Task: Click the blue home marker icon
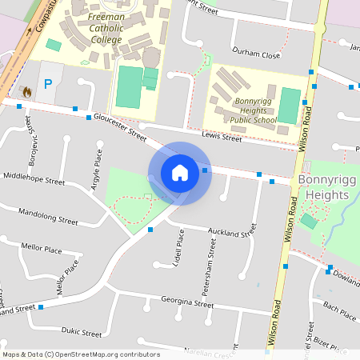pyautogui.click(x=180, y=172)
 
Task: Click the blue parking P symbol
pyautogui.click(x=48, y=83)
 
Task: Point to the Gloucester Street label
pyautogui.click(x=118, y=126)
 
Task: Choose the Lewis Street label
pyautogui.click(x=221, y=138)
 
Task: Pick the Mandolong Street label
pyautogui.click(x=48, y=217)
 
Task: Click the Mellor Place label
pyautogui.click(x=42, y=250)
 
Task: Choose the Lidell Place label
pyautogui.click(x=179, y=250)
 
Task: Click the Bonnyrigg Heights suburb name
pyautogui.click(x=323, y=186)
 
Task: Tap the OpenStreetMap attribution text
pyautogui.click(x=81, y=354)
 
